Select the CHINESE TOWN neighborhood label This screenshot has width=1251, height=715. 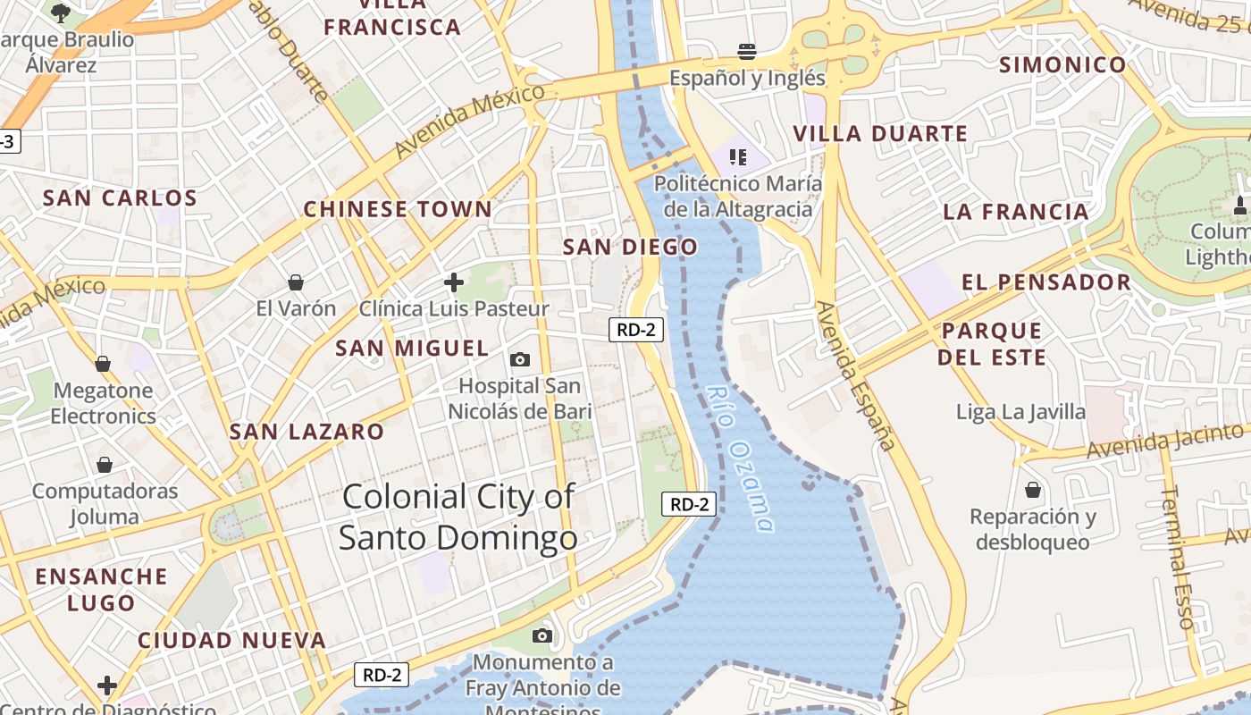tap(398, 210)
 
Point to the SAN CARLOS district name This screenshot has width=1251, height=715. tap(120, 198)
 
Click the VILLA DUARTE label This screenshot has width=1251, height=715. tap(880, 134)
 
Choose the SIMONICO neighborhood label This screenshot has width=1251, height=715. tap(1062, 64)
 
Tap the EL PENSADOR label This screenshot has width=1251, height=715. tap(1045, 282)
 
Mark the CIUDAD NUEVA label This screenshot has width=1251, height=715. tap(231, 641)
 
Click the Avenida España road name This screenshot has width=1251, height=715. tap(855, 375)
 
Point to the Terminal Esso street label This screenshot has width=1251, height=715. tap(1179, 558)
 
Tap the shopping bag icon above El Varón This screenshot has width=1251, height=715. tap(296, 283)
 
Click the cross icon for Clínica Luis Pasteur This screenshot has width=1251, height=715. tap(454, 283)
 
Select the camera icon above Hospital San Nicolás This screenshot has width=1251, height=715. tap(519, 360)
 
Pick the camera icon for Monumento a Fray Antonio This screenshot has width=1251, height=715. tap(542, 636)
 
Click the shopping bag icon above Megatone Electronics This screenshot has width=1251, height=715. tap(103, 364)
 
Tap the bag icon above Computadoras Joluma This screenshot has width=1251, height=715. tap(105, 466)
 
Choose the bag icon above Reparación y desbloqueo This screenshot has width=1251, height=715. tap(1033, 491)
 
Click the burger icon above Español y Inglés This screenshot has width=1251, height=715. tap(747, 51)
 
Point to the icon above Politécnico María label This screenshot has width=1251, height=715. tap(737, 158)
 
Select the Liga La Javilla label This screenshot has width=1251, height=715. tap(1020, 412)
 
